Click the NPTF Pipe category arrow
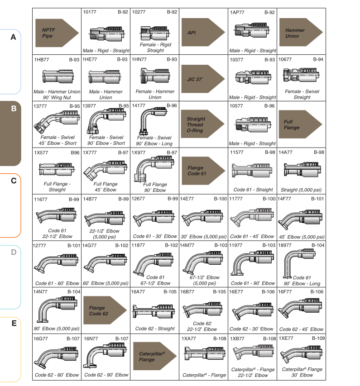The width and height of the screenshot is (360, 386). click(57, 33)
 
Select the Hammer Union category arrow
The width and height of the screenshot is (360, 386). click(301, 32)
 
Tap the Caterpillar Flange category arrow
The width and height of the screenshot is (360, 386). click(155, 356)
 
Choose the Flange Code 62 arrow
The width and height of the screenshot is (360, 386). click(105, 310)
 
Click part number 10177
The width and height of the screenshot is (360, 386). click(90, 12)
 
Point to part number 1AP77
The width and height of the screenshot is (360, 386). click(237, 12)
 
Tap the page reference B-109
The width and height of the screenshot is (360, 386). click(318, 338)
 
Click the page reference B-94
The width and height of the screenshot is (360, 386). click(318, 59)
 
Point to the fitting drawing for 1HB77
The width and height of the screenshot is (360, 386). click(58, 76)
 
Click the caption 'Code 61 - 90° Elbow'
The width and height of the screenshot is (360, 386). click(253, 283)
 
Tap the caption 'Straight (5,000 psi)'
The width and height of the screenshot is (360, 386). click(301, 190)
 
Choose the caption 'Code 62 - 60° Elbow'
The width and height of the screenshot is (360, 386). click(57, 375)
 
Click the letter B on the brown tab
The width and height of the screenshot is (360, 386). click(14, 109)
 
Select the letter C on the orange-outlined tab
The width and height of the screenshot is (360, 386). click(14, 181)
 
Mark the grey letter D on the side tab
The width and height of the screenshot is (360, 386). click(14, 252)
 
